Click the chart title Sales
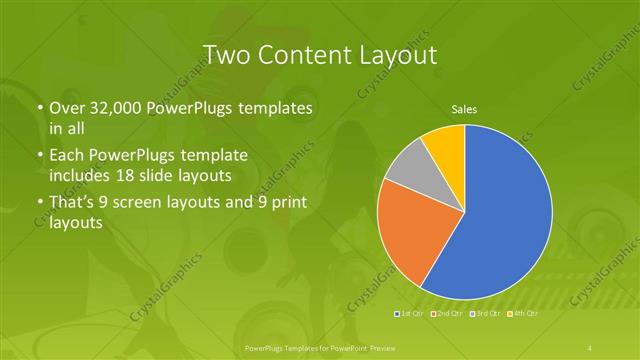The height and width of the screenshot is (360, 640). pyautogui.click(x=465, y=108)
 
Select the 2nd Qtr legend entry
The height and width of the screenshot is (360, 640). pyautogui.click(x=447, y=315)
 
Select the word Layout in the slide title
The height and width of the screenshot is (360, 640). pyautogui.click(x=398, y=54)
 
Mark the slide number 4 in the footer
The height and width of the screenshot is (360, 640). pyautogui.click(x=591, y=347)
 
